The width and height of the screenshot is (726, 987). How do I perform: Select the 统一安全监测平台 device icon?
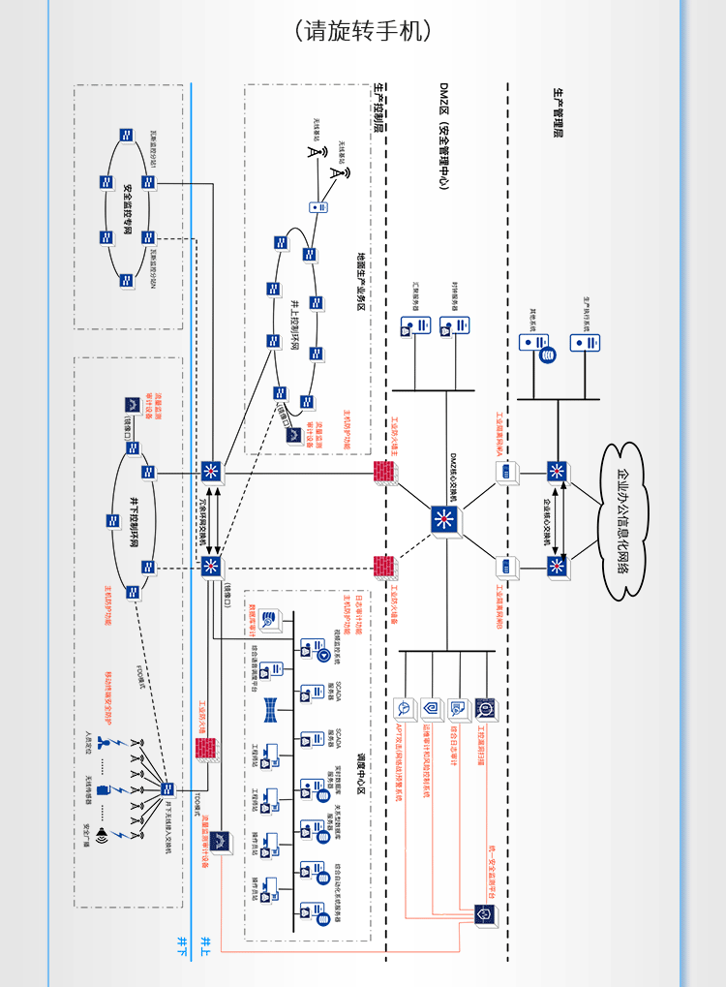482,912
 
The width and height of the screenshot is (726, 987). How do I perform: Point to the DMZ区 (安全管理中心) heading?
443,135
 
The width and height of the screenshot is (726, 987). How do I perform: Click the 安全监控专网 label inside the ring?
128,207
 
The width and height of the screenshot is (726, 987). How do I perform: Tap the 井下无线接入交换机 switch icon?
167,788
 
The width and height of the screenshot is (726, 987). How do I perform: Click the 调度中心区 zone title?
360,776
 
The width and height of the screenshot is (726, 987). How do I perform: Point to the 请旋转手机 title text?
362,31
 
